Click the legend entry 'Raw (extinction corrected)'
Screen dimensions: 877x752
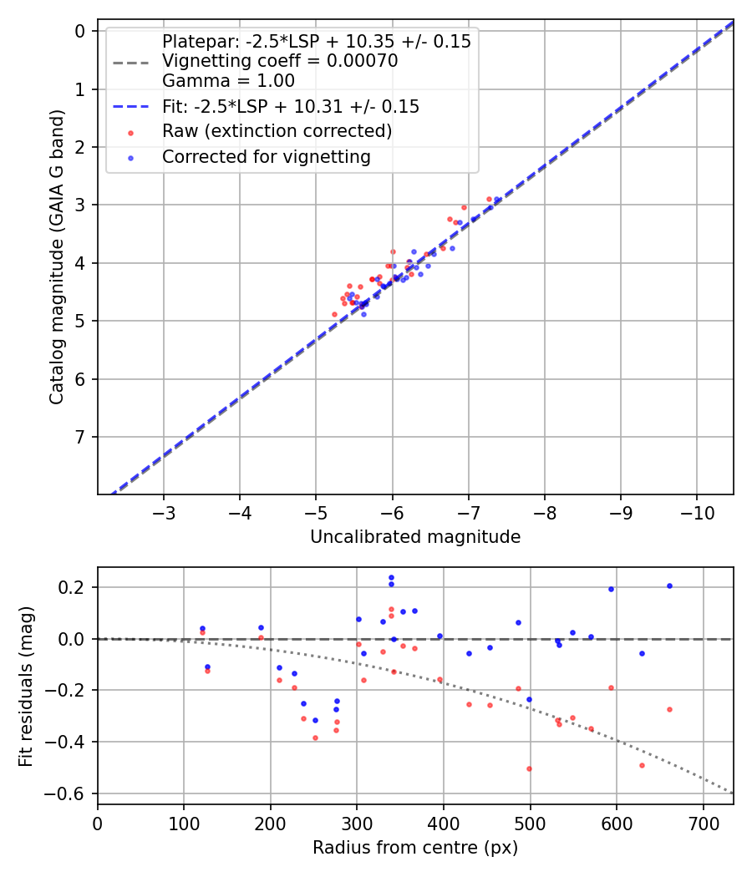point(277,131)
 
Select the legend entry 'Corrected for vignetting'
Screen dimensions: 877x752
point(267,156)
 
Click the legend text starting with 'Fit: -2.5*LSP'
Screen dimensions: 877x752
point(291,107)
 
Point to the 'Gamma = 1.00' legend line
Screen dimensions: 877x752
point(228,81)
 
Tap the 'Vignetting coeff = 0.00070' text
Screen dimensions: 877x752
point(280,61)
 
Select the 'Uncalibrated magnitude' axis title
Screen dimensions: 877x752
point(415,537)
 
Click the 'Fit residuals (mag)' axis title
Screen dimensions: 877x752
point(26,686)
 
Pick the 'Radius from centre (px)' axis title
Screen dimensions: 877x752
point(415,848)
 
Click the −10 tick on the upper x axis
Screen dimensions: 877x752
point(697,511)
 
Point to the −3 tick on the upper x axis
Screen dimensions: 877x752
point(164,511)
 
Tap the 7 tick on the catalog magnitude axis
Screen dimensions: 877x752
point(81,437)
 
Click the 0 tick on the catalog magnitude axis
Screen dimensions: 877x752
point(81,32)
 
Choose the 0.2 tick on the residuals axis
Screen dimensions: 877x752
point(74,587)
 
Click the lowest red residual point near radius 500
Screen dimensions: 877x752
point(529,768)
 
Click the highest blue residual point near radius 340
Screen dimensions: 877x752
point(391,577)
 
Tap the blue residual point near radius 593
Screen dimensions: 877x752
point(611,589)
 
